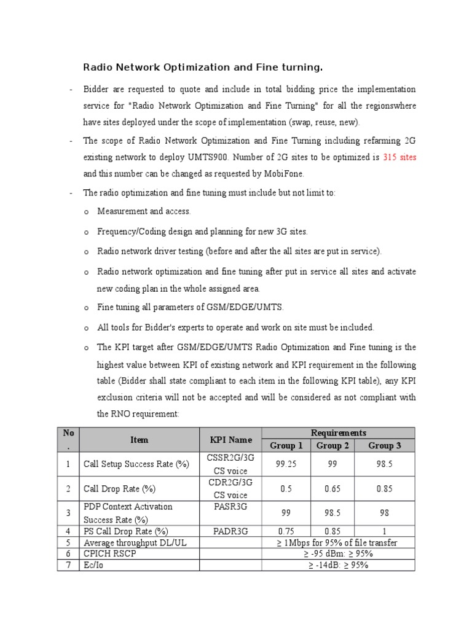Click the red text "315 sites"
click(399, 157)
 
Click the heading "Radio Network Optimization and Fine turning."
click(203, 66)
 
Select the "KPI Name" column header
click(230, 440)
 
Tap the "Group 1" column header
click(286, 446)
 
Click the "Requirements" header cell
click(338, 433)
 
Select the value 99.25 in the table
click(286, 464)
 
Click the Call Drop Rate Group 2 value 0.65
click(332, 489)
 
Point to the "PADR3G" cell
click(230, 531)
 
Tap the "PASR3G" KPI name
click(230, 507)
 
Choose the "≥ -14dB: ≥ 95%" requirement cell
click(338, 565)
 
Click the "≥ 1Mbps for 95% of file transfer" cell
click(338, 542)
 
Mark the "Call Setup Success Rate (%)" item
click(136, 464)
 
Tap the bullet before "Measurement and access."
click(86, 212)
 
